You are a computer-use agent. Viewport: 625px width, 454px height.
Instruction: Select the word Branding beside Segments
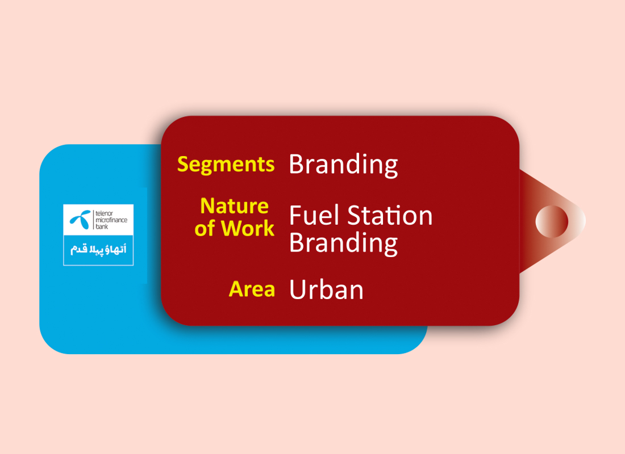tap(343, 165)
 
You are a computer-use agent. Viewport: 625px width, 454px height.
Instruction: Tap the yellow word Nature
tap(234, 207)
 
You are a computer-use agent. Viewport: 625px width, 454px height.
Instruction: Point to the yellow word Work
tap(248, 228)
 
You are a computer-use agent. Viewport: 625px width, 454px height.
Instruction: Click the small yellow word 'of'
tap(206, 228)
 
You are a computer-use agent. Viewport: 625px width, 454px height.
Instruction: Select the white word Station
tap(390, 216)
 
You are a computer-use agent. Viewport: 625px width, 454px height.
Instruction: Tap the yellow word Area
tap(252, 289)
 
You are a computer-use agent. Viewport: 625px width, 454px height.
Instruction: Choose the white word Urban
tap(327, 289)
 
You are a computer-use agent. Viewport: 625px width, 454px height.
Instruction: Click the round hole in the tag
tap(552, 221)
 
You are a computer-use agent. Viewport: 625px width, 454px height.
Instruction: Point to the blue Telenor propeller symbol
tap(81, 220)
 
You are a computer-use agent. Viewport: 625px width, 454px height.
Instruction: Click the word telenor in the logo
tap(104, 213)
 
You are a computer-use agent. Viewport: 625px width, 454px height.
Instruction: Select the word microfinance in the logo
tap(111, 220)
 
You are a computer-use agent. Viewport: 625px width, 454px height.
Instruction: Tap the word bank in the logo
tap(102, 226)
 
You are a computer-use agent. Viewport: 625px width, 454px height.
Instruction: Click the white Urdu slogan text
tap(98, 250)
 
